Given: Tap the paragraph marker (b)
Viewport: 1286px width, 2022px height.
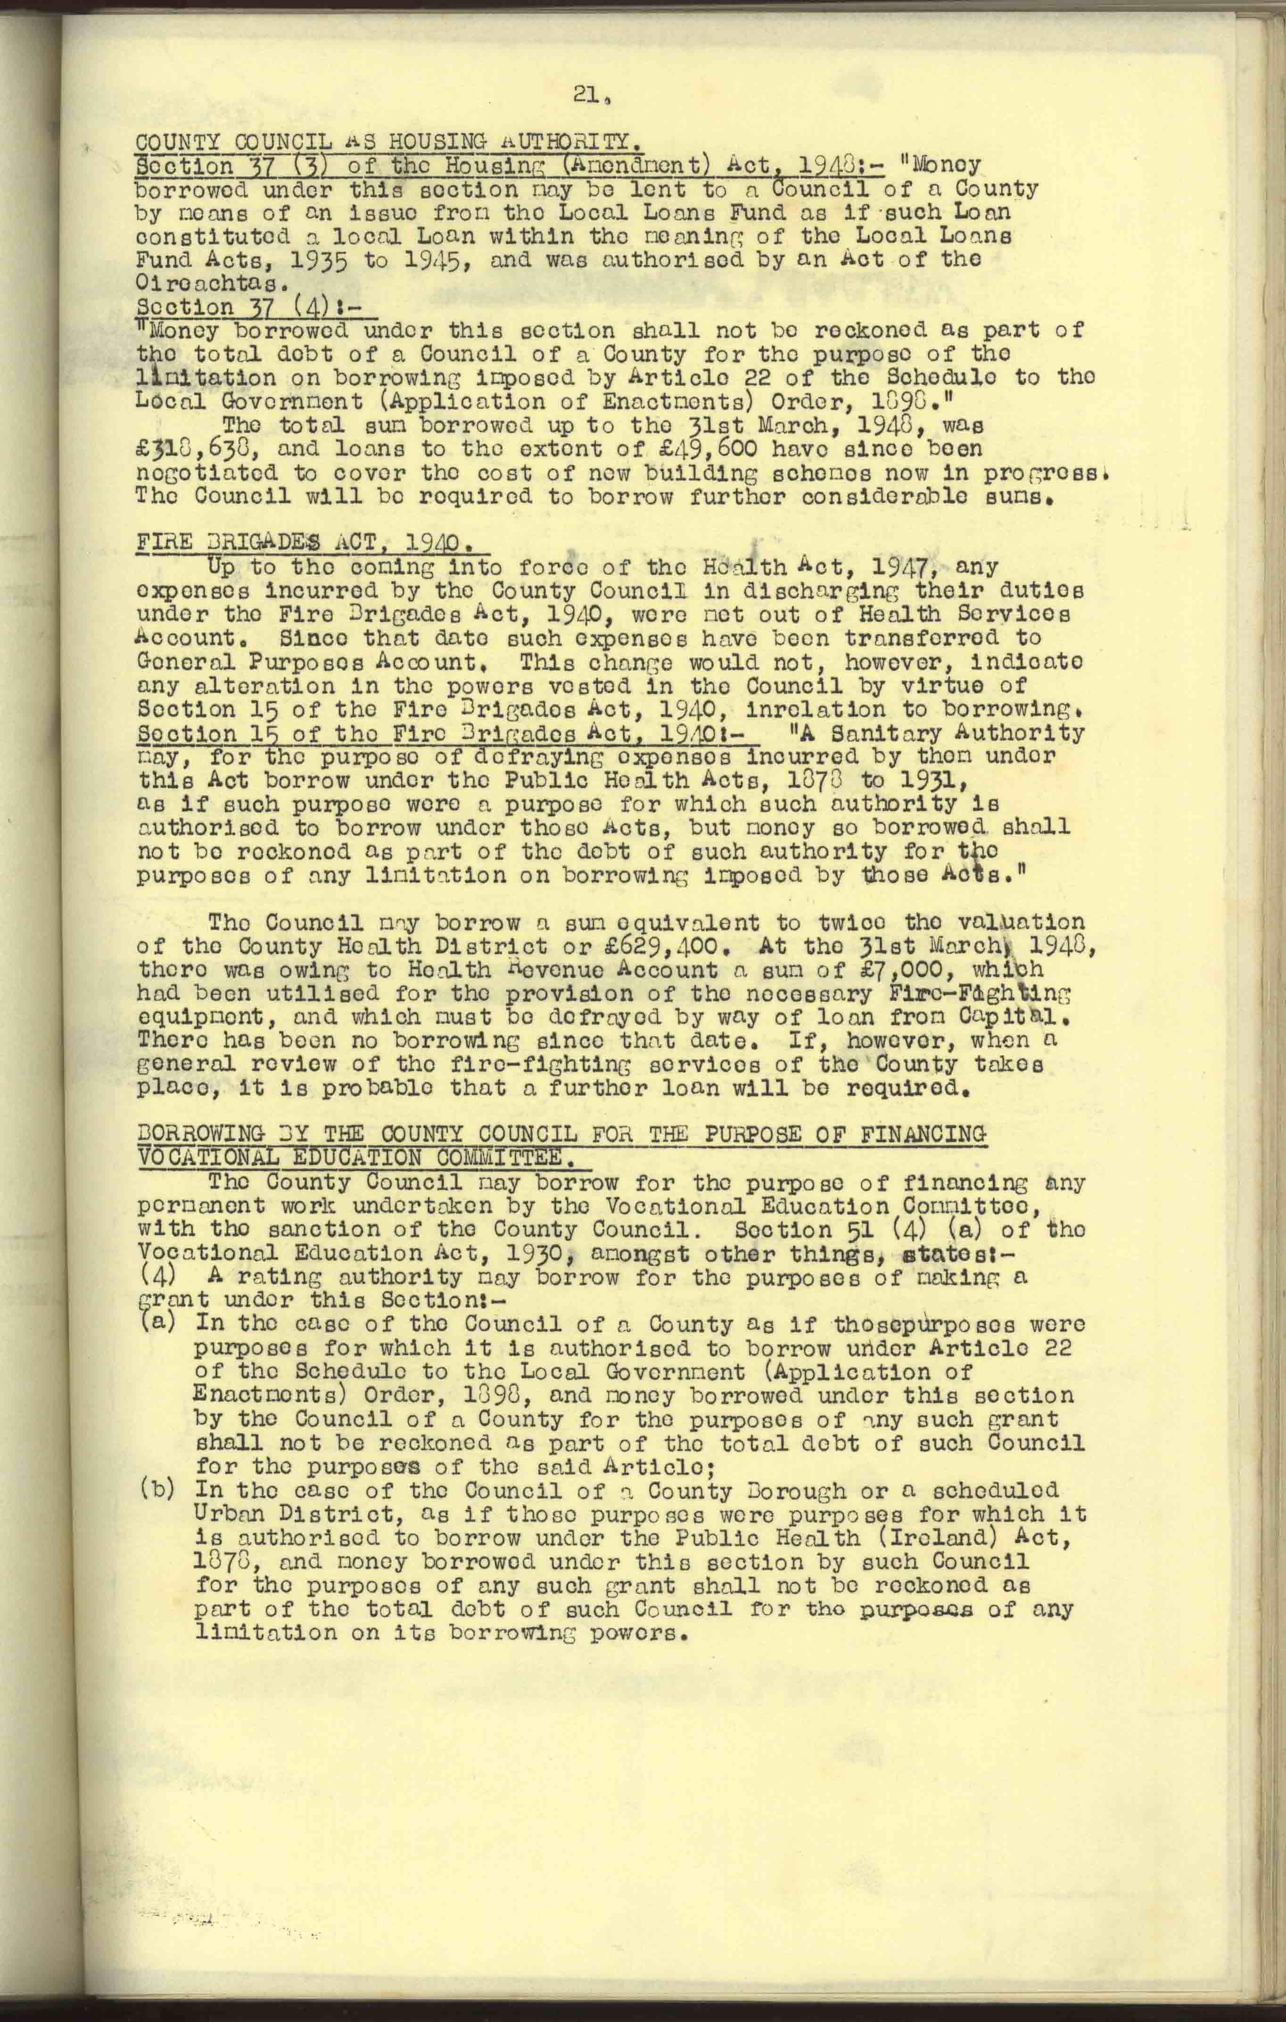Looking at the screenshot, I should pos(155,1490).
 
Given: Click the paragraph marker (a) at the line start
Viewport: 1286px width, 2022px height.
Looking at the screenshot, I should pos(155,1324).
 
